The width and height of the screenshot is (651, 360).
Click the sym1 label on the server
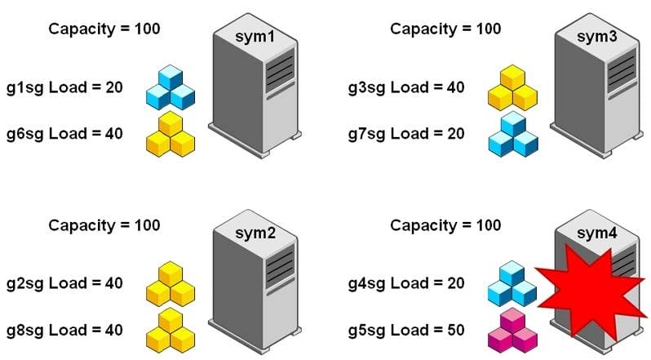255,37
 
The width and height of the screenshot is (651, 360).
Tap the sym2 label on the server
255,233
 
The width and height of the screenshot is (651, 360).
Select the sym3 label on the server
597,37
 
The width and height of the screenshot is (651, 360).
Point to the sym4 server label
597,233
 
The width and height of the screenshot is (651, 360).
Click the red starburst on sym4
590,291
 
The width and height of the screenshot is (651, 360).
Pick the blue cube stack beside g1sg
170,87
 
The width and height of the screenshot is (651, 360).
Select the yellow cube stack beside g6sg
170,134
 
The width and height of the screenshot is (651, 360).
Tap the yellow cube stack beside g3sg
512,87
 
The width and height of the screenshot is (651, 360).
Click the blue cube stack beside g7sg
513,134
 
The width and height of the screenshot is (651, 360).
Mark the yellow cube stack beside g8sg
170,330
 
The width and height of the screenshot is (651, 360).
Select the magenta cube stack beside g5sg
511,330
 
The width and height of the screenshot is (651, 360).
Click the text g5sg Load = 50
406,330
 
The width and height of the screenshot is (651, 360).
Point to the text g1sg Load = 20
64,87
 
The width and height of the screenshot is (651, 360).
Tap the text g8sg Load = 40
64,330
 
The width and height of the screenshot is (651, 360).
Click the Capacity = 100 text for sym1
104,29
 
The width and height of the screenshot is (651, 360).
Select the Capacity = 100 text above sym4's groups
446,225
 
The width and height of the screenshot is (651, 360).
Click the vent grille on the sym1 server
280,69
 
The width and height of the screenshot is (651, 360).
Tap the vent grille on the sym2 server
280,266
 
